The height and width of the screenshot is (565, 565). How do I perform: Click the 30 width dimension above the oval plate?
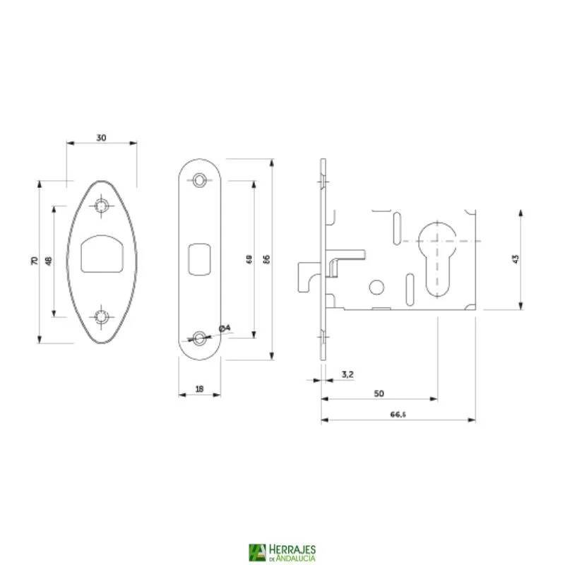101,138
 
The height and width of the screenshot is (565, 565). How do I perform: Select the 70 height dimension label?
35,261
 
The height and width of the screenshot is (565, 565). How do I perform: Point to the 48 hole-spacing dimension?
49,261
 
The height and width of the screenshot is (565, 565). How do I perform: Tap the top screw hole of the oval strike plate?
103,206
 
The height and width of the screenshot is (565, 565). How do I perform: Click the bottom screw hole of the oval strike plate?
103,316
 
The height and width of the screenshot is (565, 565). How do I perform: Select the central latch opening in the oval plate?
102,254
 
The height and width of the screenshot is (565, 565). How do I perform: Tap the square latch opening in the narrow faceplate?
201,257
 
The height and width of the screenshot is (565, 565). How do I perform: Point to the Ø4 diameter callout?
224,328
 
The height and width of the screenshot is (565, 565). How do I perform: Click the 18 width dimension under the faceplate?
198,388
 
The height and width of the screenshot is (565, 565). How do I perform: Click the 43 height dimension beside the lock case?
516,259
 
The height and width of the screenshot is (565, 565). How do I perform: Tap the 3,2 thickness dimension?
347,374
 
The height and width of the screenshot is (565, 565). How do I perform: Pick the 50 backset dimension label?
379,393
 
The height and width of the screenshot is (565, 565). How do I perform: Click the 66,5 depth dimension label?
398,414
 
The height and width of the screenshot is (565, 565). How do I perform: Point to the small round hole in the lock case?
377,286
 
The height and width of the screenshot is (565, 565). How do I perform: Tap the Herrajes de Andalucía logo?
282,552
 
